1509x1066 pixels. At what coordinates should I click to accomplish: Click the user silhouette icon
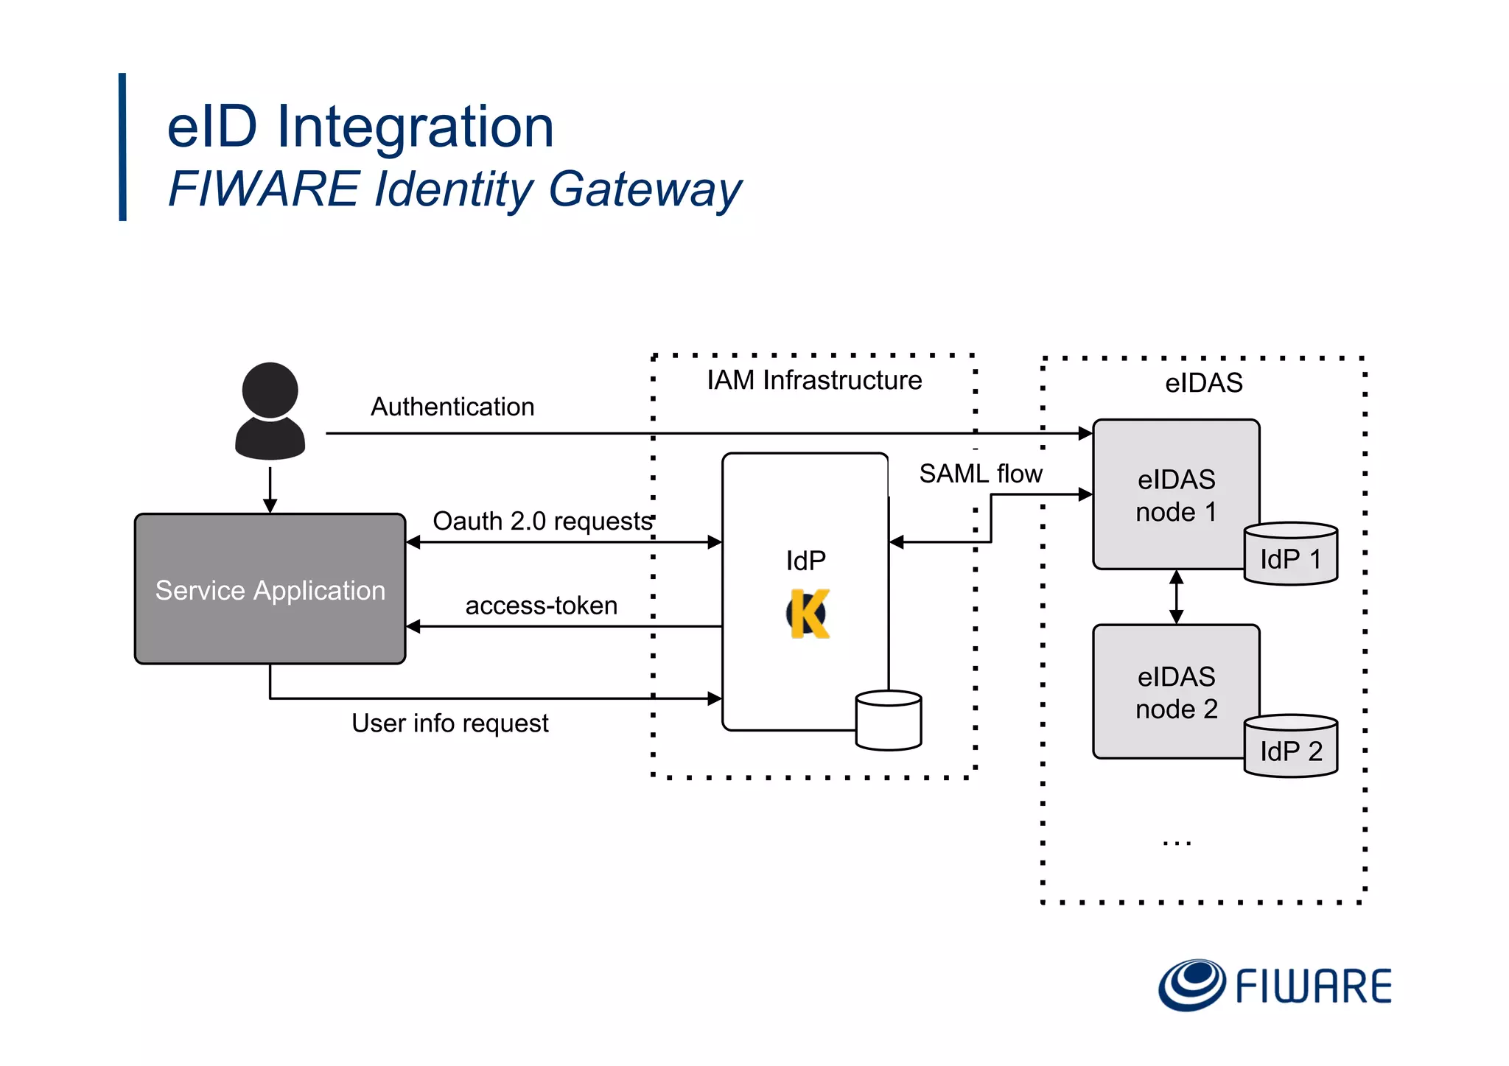click(270, 411)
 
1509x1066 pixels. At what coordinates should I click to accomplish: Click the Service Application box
click(270, 589)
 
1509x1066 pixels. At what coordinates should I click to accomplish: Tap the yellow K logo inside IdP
click(808, 613)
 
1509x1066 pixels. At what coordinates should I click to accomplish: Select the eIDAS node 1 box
click(1175, 494)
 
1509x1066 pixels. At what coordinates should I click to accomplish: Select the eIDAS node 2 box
click(1175, 692)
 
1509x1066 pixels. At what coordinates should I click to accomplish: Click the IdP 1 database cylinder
click(1290, 555)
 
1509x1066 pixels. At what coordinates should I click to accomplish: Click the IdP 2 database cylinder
click(1290, 746)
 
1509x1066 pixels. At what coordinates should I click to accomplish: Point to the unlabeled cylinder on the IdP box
click(888, 720)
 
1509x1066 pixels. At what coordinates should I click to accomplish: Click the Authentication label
click(452, 407)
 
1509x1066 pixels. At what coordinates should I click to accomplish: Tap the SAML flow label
click(981, 474)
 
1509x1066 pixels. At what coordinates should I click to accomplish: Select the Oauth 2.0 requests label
click(542, 521)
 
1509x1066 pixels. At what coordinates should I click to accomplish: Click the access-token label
click(541, 606)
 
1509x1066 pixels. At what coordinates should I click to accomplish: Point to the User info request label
click(449, 723)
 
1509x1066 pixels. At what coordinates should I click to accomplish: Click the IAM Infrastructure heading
click(814, 380)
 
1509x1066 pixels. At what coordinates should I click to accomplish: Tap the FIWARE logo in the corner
click(1275, 985)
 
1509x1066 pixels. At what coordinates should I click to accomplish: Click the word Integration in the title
click(414, 127)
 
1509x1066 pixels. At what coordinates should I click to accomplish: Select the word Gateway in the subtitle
click(645, 189)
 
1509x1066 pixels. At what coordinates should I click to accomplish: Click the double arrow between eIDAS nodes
click(1176, 597)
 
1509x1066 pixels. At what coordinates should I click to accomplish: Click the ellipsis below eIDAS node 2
click(1177, 843)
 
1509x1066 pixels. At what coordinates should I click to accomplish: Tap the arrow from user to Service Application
click(270, 489)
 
